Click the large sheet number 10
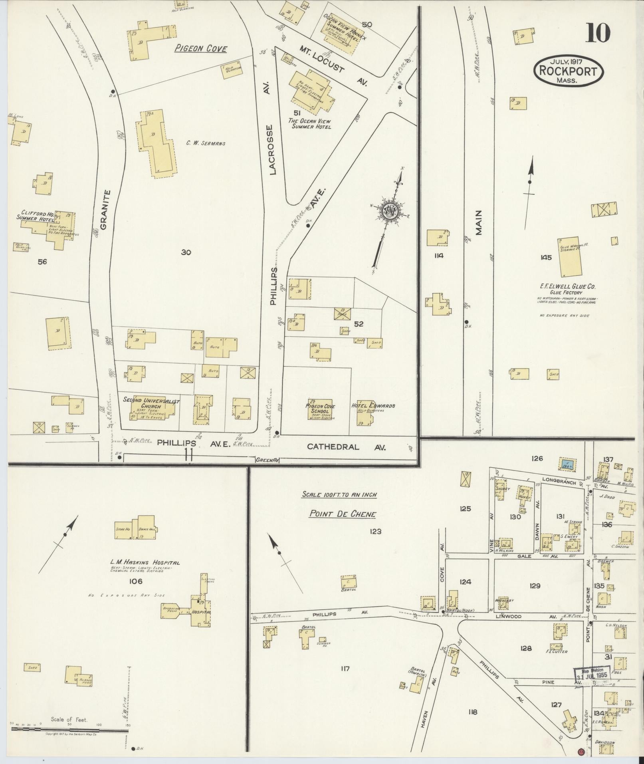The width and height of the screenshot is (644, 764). pos(598,33)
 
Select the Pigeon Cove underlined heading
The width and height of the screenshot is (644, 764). pos(201,49)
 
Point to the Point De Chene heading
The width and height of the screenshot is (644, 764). pos(342,514)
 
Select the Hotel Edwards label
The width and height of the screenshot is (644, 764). pos(373,406)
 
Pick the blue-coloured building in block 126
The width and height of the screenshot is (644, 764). pos(567,464)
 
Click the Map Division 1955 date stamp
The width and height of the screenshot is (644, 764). pos(592,674)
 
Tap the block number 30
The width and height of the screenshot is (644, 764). pos(186,252)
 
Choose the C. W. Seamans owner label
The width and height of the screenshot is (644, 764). pos(206,143)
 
